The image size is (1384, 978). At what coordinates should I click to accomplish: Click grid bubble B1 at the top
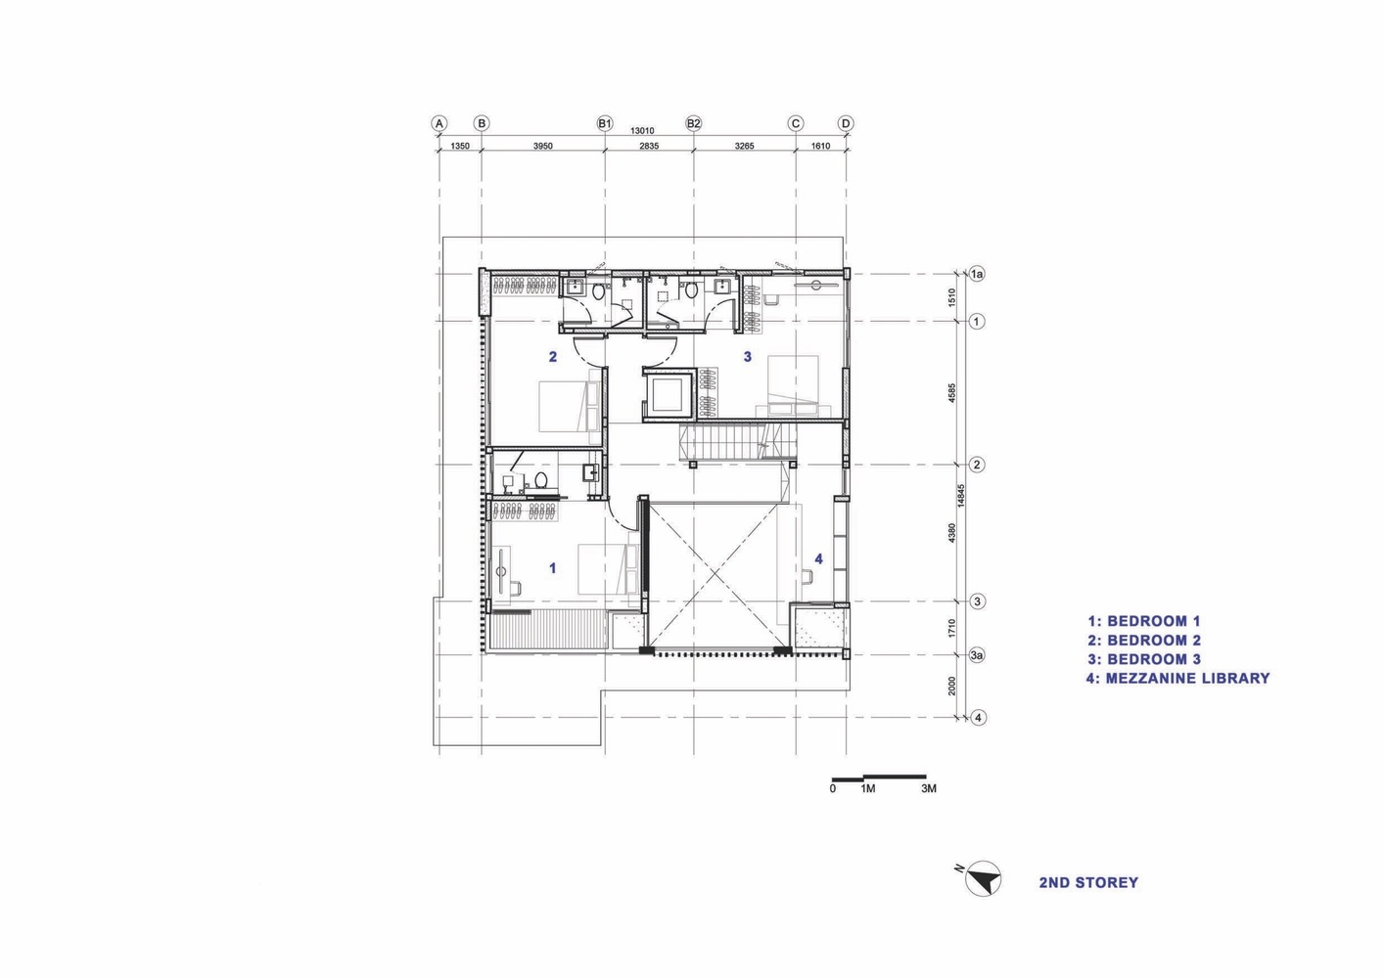click(604, 123)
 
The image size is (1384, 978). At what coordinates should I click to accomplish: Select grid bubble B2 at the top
click(694, 123)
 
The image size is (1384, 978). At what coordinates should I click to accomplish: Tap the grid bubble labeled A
click(439, 123)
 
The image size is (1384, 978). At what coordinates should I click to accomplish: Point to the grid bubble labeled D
click(846, 123)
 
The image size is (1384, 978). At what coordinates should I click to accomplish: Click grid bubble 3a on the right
click(976, 655)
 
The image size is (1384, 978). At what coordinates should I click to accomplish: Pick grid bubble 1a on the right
click(976, 275)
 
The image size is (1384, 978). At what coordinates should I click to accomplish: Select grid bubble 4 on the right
click(977, 717)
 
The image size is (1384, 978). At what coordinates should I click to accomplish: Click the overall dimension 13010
click(642, 130)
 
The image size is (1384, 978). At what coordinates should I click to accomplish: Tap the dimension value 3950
click(542, 146)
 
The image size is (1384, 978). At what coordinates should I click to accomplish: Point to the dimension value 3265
click(744, 146)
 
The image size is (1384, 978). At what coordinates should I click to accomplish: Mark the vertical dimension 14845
click(962, 496)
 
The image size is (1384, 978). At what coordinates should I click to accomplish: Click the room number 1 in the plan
click(553, 567)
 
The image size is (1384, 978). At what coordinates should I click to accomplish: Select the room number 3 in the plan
click(748, 357)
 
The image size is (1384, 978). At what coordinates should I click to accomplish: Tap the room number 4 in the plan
click(819, 558)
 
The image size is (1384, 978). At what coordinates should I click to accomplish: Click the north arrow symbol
click(983, 879)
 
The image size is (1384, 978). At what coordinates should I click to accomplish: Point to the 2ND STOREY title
click(1088, 882)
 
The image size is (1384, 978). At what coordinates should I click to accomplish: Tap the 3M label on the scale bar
click(929, 788)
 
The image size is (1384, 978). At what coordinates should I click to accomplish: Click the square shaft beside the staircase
click(669, 394)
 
